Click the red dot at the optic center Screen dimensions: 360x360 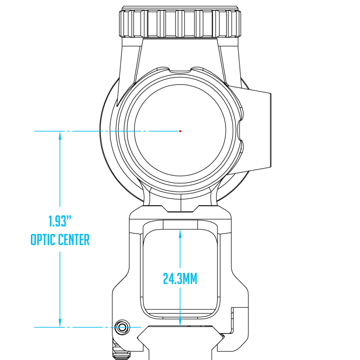tap(180, 131)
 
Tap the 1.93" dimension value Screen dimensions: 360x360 tap(60, 221)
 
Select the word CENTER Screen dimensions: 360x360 tap(74, 240)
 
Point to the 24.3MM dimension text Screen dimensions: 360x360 tap(180, 279)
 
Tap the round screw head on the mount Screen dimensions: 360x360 tap(122, 327)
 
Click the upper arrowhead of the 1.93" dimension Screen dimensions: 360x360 tap(60, 136)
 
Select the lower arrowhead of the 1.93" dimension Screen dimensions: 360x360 tap(60, 322)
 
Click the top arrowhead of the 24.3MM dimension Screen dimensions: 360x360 tap(180, 234)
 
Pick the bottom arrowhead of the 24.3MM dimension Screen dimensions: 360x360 tap(180, 321)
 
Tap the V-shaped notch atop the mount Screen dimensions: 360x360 tap(180, 209)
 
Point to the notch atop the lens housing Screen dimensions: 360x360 tap(180, 70)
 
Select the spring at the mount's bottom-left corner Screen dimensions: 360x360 tap(121, 351)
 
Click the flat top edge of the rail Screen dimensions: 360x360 tap(181, 326)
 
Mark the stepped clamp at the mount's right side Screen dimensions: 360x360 tap(239, 320)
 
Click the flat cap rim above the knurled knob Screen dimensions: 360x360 tap(180, 8)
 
